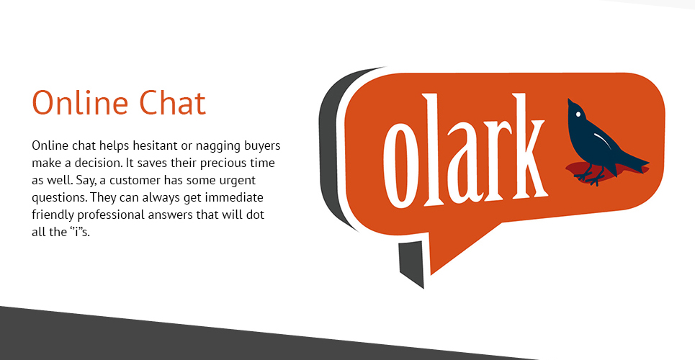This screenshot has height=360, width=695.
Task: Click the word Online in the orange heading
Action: click(x=81, y=103)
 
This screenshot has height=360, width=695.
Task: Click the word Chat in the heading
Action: click(x=173, y=103)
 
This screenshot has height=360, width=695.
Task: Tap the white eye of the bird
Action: click(x=578, y=114)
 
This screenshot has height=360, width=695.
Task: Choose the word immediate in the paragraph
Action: click(x=239, y=198)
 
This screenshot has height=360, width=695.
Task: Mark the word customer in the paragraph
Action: click(x=135, y=181)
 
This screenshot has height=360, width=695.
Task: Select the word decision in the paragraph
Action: click(x=99, y=163)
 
